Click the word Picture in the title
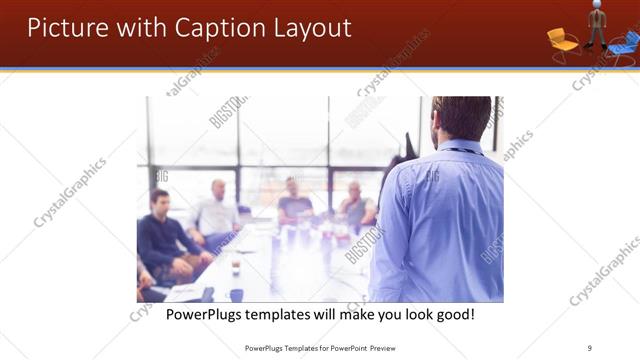[x=65, y=27]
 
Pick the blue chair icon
[x=625, y=43]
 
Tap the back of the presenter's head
[x=461, y=118]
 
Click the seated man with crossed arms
[x=355, y=205]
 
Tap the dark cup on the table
[x=236, y=268]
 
